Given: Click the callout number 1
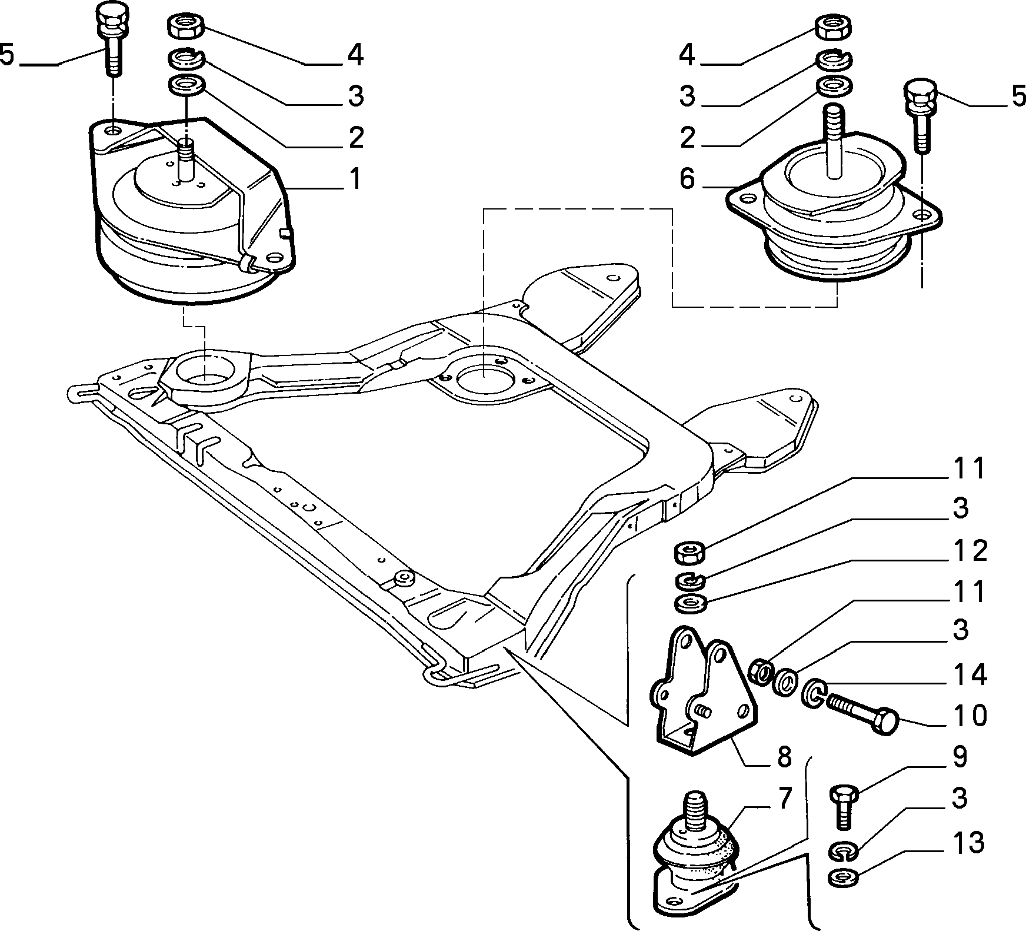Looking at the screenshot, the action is (x=355, y=179).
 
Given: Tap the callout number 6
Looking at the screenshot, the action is (x=687, y=179).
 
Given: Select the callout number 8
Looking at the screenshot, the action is (x=784, y=757).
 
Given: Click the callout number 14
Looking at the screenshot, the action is (x=970, y=675).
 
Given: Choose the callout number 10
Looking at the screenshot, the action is (x=970, y=716).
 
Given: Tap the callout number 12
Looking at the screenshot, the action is (x=970, y=551).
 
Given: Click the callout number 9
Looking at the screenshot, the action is (x=960, y=757).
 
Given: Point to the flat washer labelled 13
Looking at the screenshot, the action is (x=843, y=880).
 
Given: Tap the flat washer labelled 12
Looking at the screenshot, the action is (x=689, y=604).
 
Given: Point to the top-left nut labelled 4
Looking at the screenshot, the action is (x=186, y=27).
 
